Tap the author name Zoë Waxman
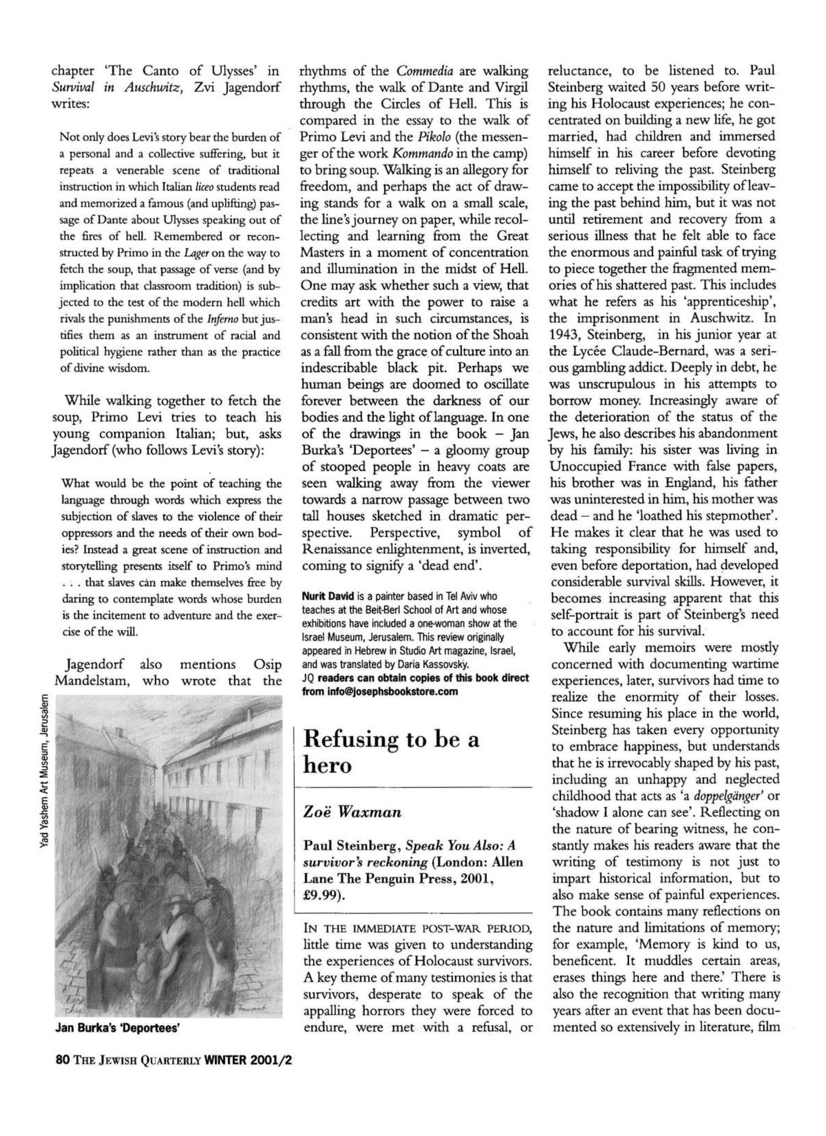[x=352, y=812]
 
